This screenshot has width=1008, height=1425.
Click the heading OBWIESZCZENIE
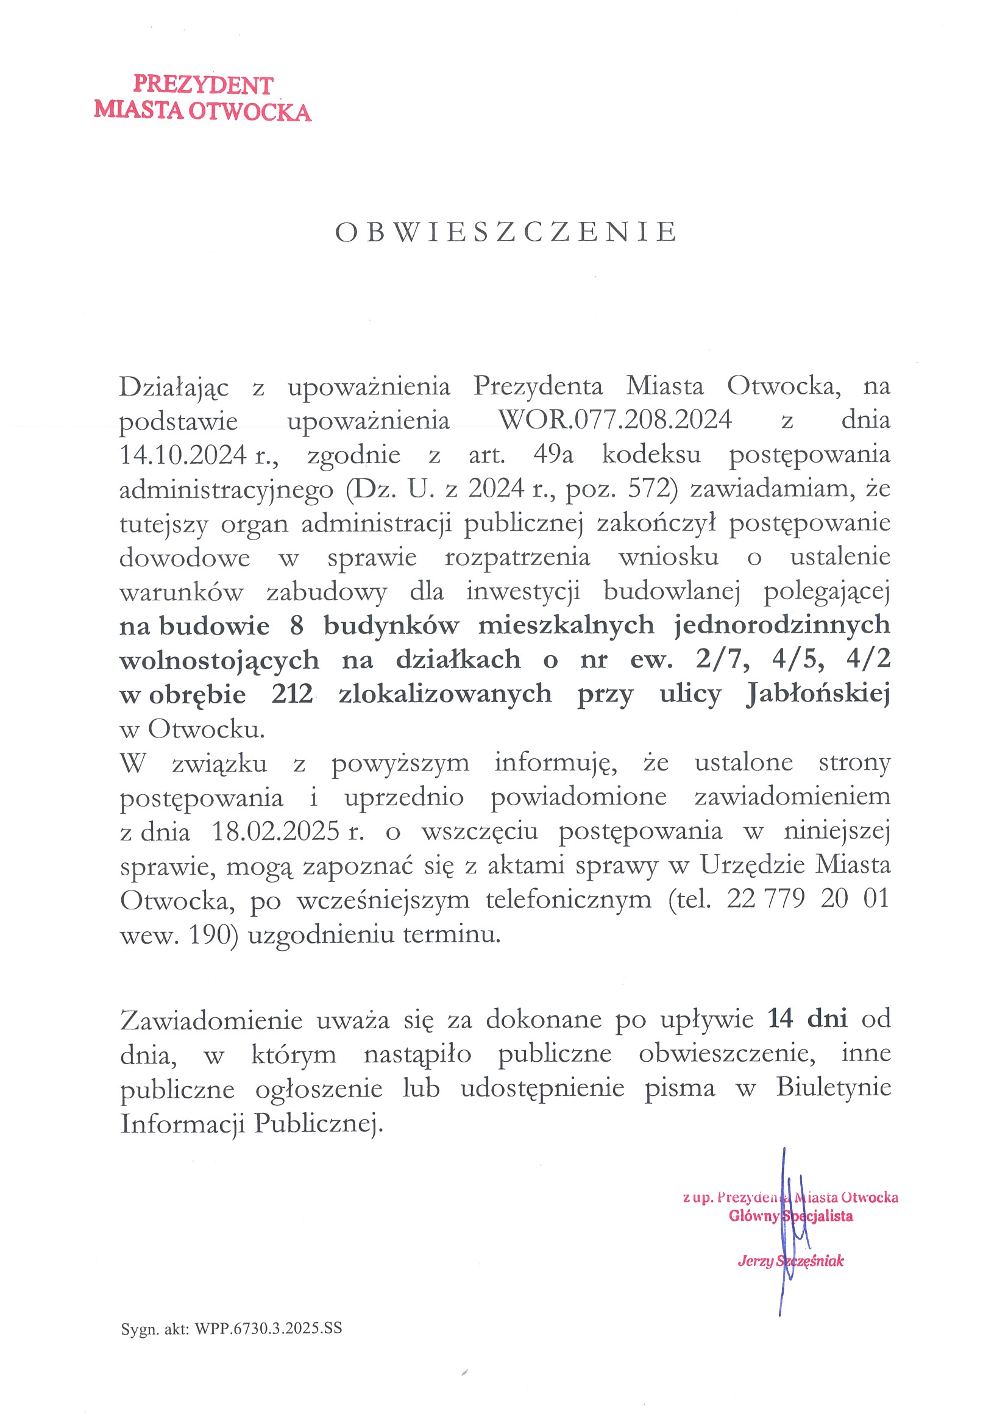point(506,232)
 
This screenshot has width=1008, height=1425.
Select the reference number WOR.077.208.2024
point(615,420)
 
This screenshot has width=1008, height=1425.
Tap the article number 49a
point(553,455)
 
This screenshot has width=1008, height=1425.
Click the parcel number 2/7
point(723,658)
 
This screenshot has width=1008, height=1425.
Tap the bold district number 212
point(292,693)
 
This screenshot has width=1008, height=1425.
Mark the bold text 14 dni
point(807,1018)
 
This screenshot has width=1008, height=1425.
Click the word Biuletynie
point(833,1087)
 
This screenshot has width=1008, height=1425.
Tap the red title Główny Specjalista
point(790,1216)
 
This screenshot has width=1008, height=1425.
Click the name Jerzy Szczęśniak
point(790,1260)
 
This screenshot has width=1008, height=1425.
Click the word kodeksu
point(651,455)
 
